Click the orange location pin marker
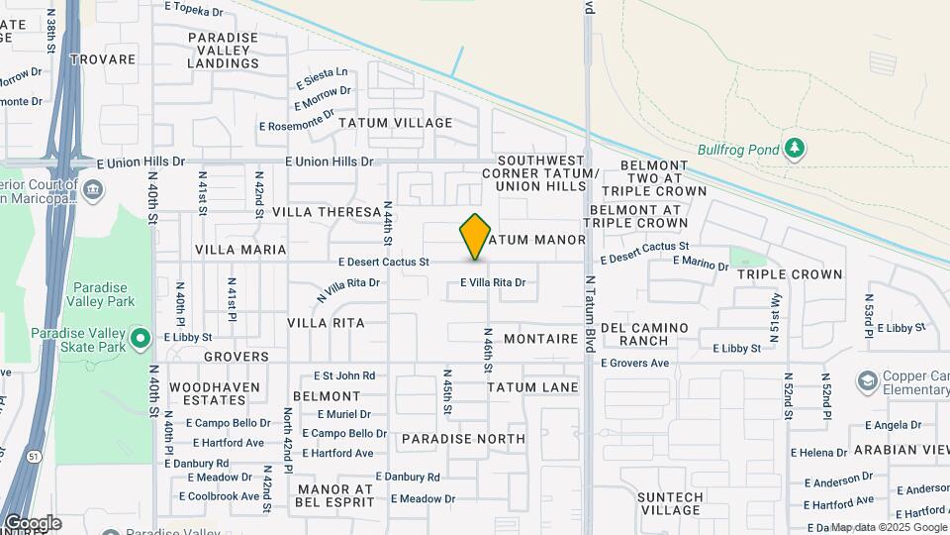[x=475, y=237]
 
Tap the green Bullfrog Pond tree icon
[x=793, y=149]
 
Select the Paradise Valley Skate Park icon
[x=140, y=339]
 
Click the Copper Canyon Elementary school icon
[x=867, y=381]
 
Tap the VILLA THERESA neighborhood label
[x=327, y=212]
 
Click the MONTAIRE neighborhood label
[x=540, y=339]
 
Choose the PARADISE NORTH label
[x=463, y=438]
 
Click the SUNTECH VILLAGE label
[x=670, y=503]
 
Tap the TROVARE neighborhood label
[x=102, y=59]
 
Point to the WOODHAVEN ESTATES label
[x=214, y=393]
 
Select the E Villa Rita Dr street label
[x=492, y=283]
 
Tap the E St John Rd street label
[x=344, y=375]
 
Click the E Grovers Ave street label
[x=635, y=364]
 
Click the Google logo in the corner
[x=32, y=522]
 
